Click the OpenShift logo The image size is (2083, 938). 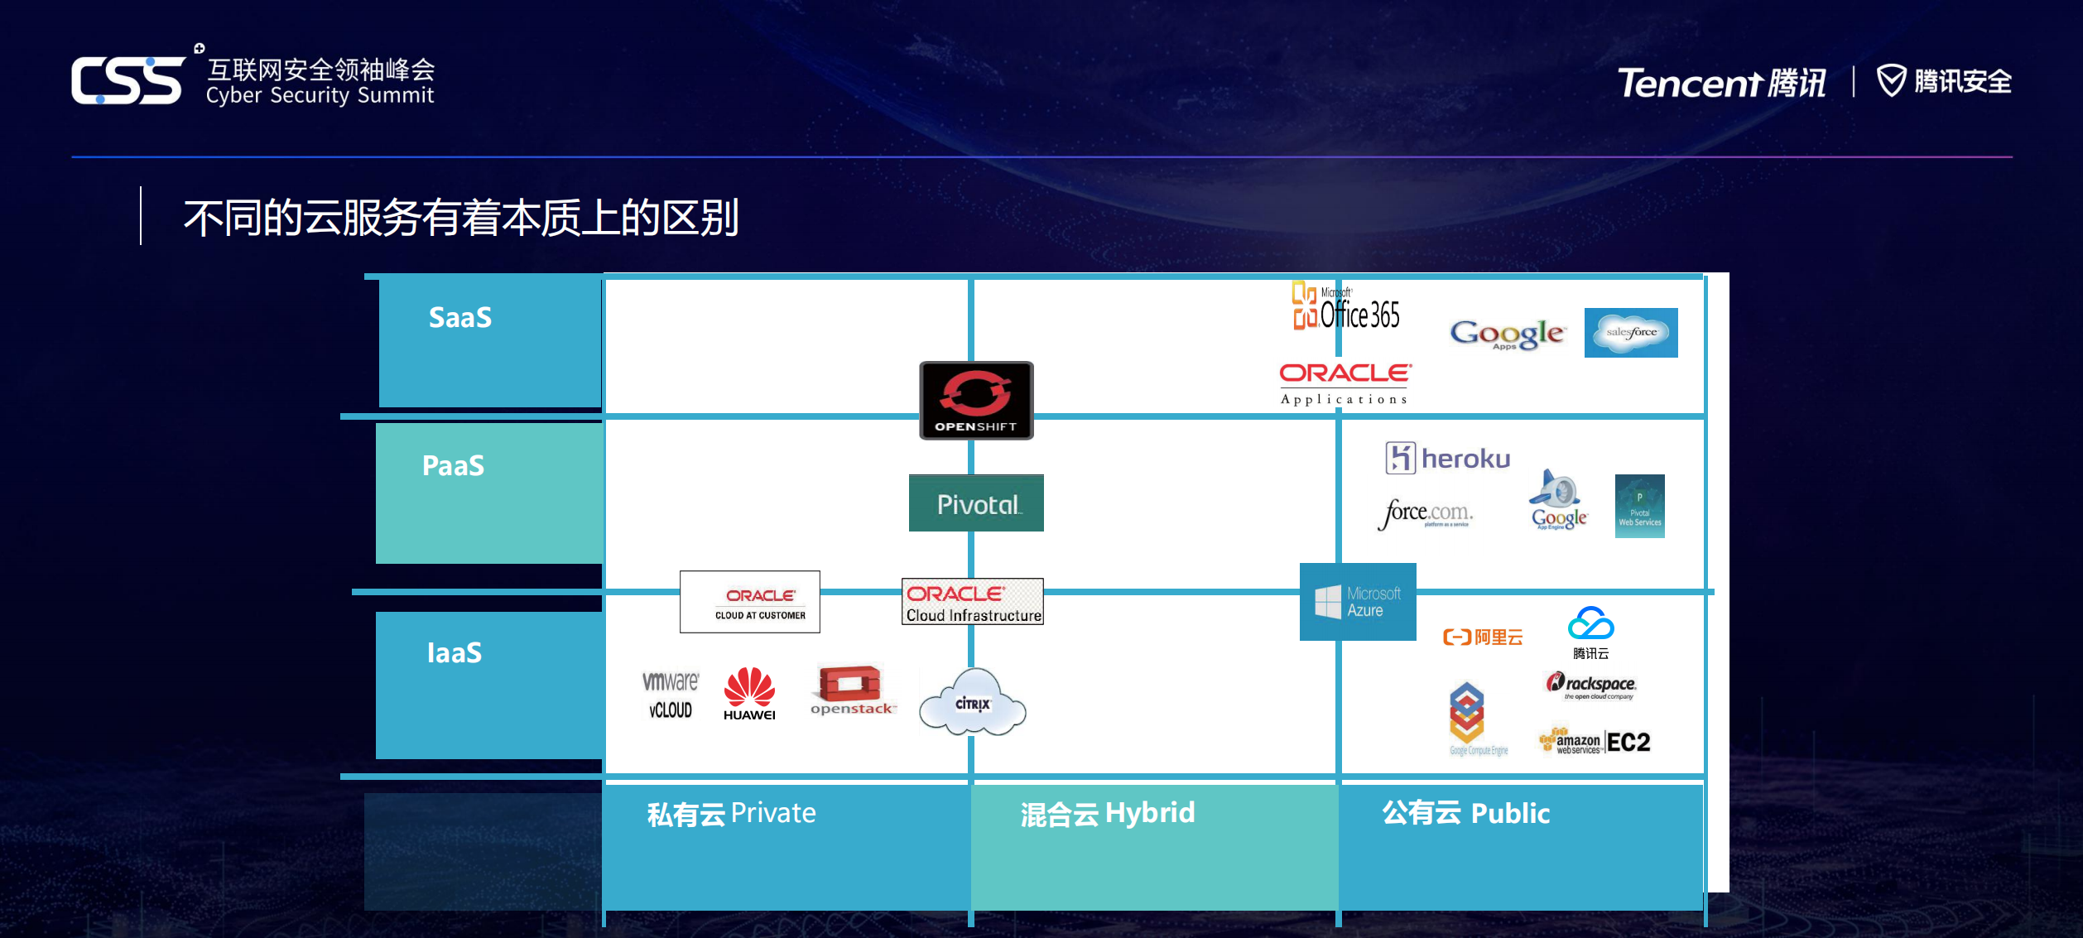point(976,400)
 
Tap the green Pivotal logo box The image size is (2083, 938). point(976,503)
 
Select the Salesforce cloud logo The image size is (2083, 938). point(1631,333)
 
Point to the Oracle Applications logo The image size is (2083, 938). point(1345,383)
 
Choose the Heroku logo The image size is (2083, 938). point(1448,458)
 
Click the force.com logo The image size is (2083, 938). point(1425,513)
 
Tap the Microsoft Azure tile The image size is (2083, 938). point(1358,602)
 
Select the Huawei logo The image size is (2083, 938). point(749,694)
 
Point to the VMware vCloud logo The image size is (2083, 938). point(671,695)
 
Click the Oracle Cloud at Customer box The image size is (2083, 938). point(750,602)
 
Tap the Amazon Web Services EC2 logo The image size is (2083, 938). point(1595,742)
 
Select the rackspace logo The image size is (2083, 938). point(1591,685)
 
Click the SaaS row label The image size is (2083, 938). point(460,318)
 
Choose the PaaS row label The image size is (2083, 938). point(453,466)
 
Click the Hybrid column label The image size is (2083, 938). point(1108,814)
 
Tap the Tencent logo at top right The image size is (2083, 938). point(1722,83)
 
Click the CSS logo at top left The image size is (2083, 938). point(128,80)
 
